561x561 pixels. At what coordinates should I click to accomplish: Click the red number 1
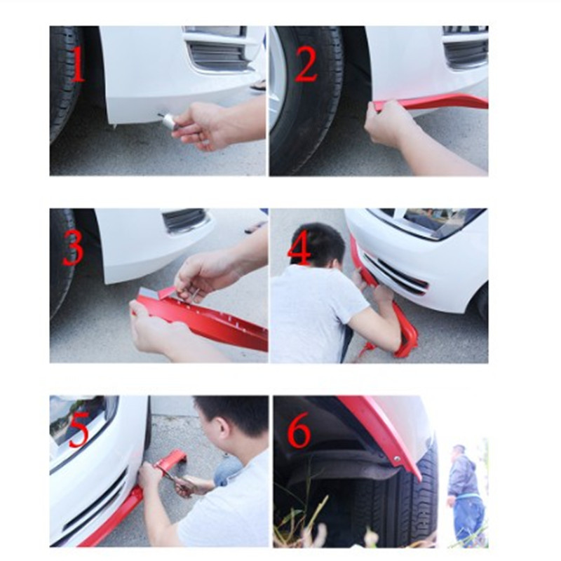click(x=76, y=65)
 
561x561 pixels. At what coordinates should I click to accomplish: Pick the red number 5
click(x=79, y=430)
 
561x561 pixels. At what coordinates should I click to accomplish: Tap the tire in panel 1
click(x=63, y=84)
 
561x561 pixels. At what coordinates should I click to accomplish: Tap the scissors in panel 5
click(x=173, y=481)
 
